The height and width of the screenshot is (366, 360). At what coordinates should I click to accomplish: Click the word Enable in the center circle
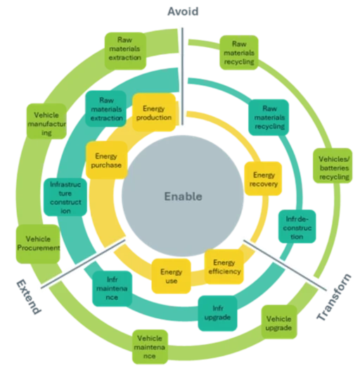182,196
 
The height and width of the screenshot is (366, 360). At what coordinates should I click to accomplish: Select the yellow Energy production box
153,113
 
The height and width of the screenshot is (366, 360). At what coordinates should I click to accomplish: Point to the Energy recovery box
264,179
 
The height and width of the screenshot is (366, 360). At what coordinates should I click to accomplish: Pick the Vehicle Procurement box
37,244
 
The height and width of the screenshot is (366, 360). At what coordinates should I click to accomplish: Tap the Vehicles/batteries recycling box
329,168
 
